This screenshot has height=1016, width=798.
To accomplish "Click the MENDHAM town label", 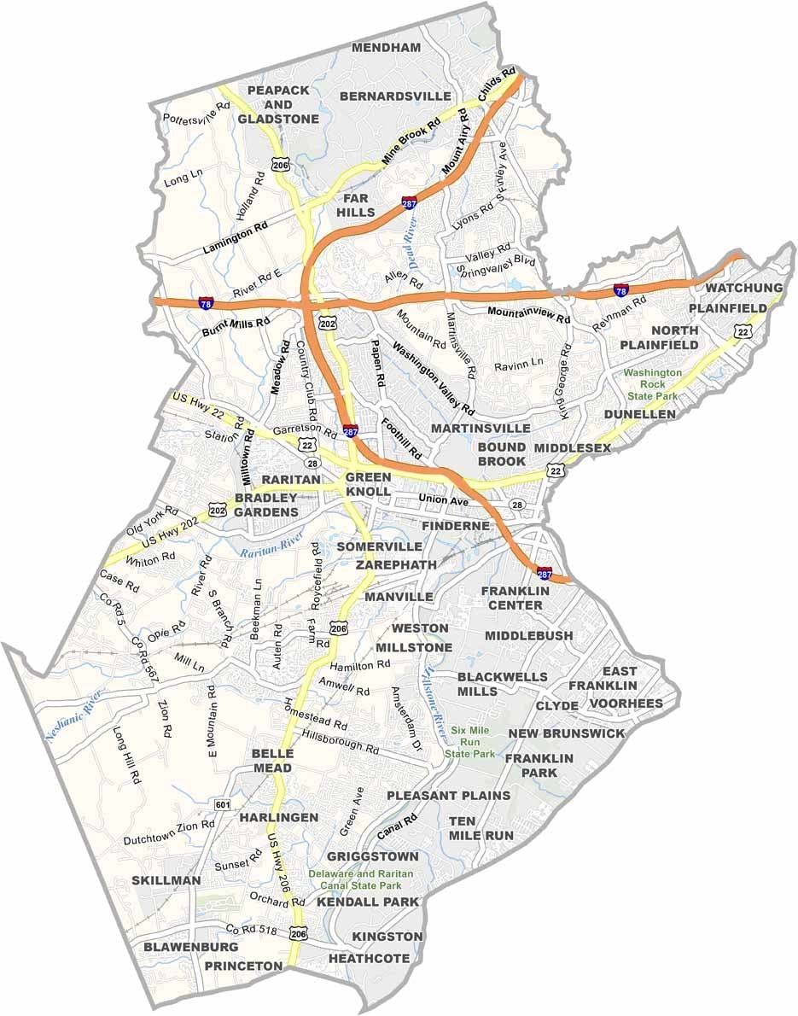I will (387, 47).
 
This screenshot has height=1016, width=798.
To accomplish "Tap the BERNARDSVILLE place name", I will (394, 96).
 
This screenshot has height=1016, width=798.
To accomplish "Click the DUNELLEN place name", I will (639, 414).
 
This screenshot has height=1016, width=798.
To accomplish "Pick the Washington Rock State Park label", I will (653, 384).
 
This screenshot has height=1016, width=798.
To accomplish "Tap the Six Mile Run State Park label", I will (473, 742).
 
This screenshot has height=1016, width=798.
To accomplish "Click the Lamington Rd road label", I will (235, 236).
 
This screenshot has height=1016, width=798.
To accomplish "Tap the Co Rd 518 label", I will (252, 929).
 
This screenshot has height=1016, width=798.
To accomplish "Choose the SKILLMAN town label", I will (166, 880).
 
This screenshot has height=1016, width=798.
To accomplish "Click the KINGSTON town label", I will (387, 937).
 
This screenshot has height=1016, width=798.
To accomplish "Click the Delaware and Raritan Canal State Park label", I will (361, 880).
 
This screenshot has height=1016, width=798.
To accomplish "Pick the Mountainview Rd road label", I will (528, 313).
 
